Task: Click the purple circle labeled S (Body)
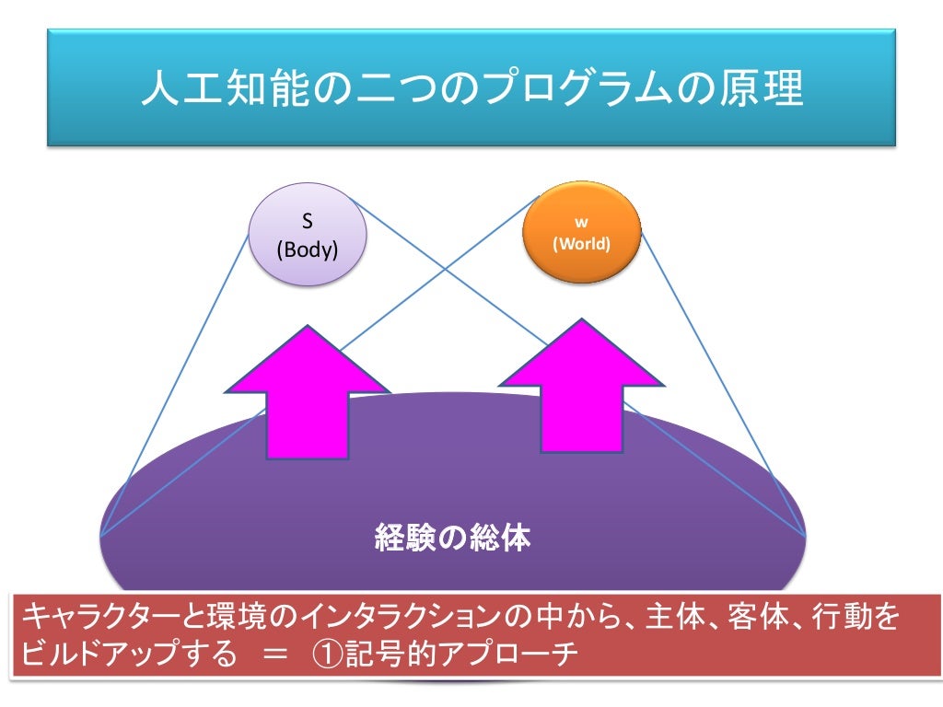(309, 234)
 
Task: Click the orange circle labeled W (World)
(582, 234)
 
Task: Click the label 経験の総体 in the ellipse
(452, 538)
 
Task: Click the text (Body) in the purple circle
(309, 248)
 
